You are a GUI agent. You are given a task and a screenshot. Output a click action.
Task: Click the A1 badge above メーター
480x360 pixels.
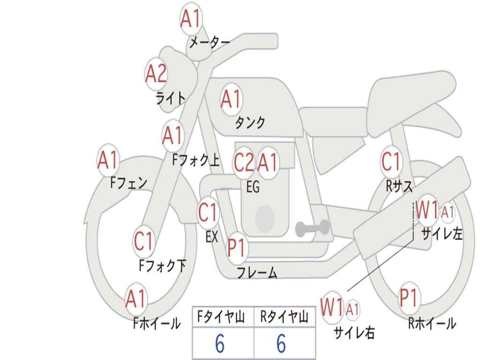pyautogui.click(x=191, y=19)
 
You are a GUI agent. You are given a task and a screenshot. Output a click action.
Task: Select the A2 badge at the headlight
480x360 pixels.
pyautogui.click(x=156, y=74)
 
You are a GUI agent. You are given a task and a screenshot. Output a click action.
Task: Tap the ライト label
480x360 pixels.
pyautogui.click(x=171, y=98)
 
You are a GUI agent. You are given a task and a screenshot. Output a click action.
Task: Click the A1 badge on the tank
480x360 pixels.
pyautogui.click(x=231, y=99)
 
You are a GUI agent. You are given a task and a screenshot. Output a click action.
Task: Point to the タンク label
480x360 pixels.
pyautogui.click(x=250, y=123)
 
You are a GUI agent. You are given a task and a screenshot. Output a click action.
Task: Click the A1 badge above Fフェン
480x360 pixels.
pyautogui.click(x=108, y=160)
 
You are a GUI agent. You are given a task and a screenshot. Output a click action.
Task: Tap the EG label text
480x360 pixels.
pyautogui.click(x=253, y=187)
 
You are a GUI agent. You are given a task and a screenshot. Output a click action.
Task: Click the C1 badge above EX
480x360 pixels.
pyautogui.click(x=208, y=213)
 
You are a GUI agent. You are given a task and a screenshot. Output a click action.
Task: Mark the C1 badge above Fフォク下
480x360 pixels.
pyautogui.click(x=143, y=241)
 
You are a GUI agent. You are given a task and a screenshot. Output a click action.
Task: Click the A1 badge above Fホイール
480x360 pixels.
pyautogui.click(x=136, y=299)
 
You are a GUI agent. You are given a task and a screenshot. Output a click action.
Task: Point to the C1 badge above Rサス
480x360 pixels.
pyautogui.click(x=391, y=162)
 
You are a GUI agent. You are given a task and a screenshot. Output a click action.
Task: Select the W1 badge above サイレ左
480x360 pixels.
pyautogui.click(x=427, y=211)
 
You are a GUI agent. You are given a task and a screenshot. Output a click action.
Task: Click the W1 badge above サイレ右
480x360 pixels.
pyautogui.click(x=332, y=307)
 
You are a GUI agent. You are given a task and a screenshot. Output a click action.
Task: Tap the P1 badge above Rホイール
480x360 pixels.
pyautogui.click(x=408, y=298)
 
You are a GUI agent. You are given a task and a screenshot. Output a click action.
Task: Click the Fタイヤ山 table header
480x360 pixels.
pyautogui.click(x=223, y=318)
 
